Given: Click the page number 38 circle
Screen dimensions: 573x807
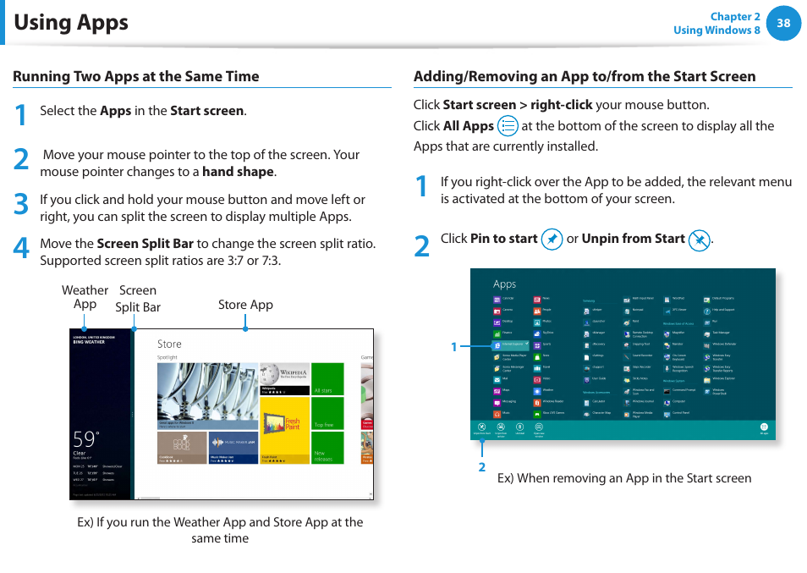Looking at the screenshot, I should click(x=783, y=23).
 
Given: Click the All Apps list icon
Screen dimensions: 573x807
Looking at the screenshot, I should click(x=508, y=126).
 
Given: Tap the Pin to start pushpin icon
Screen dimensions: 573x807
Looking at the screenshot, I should click(x=552, y=240).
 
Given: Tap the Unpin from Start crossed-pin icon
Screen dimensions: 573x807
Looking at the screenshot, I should click(x=699, y=240).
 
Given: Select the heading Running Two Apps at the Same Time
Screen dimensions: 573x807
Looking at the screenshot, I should click(x=136, y=76).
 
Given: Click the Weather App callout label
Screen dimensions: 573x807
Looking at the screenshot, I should click(x=85, y=297).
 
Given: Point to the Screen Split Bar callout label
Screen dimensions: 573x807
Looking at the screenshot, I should click(x=138, y=299).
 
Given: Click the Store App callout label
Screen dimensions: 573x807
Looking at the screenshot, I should click(x=245, y=305).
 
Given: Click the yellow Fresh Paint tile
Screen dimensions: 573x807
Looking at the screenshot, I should click(x=284, y=430).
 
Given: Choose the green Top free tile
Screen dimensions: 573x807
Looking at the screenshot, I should click(x=328, y=414).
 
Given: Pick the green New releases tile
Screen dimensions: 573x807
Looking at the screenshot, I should click(x=328, y=448).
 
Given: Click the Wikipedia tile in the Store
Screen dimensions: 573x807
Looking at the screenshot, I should click(x=284, y=379).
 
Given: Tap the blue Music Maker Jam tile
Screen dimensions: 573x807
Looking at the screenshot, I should click(x=233, y=447).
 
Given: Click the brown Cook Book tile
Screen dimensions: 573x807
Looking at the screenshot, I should click(x=182, y=447).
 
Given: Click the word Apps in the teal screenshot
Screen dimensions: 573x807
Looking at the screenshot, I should click(x=505, y=284).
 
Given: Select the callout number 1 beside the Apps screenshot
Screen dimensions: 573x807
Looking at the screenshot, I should click(x=453, y=347).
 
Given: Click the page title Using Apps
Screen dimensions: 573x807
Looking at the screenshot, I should click(x=71, y=22).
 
